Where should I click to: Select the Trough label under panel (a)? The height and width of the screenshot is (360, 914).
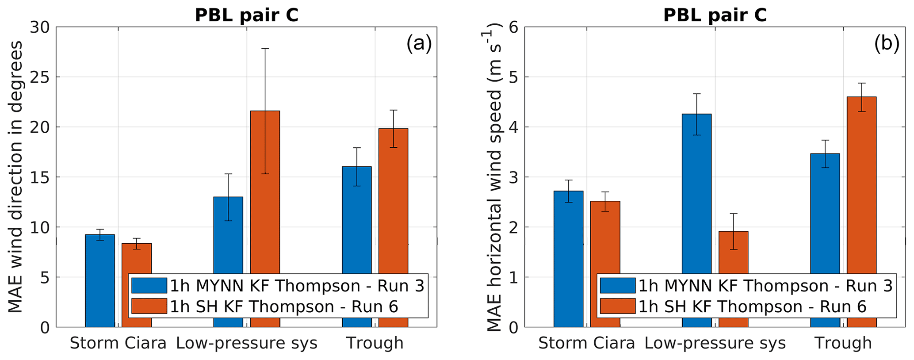(375, 343)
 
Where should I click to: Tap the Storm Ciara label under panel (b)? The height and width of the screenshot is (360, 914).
(586, 343)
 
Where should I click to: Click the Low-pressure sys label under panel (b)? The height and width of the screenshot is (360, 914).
(715, 343)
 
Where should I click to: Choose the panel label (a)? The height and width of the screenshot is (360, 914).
(418, 44)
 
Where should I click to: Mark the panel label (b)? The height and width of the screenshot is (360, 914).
(887, 44)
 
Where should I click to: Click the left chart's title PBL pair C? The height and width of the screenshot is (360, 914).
(247, 15)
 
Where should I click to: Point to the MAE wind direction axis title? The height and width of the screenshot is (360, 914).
(16, 177)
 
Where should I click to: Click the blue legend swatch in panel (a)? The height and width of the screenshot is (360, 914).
(149, 286)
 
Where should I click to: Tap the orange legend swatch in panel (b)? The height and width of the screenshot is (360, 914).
(617, 306)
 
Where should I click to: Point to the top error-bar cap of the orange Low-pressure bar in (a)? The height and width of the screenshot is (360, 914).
(265, 49)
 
